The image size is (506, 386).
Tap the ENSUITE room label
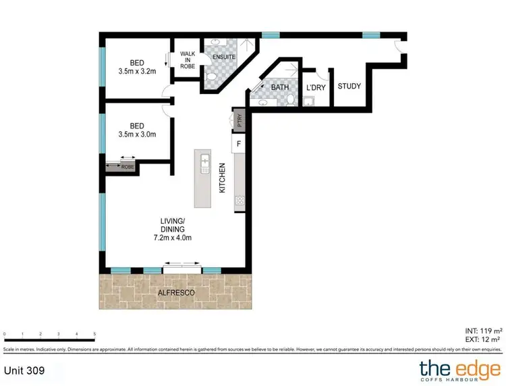click(x=223, y=57)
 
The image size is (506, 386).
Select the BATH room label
click(x=279, y=87)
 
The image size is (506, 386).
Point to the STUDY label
click(x=349, y=87)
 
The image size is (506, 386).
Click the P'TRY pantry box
click(x=239, y=120)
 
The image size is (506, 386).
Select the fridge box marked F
click(x=238, y=144)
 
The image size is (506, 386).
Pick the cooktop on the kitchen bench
click(x=239, y=200)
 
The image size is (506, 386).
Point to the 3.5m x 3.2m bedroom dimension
click(x=137, y=70)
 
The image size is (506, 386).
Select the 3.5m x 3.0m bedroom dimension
click(x=137, y=134)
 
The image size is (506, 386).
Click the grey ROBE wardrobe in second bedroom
click(x=120, y=166)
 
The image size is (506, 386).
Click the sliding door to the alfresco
click(x=182, y=270)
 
